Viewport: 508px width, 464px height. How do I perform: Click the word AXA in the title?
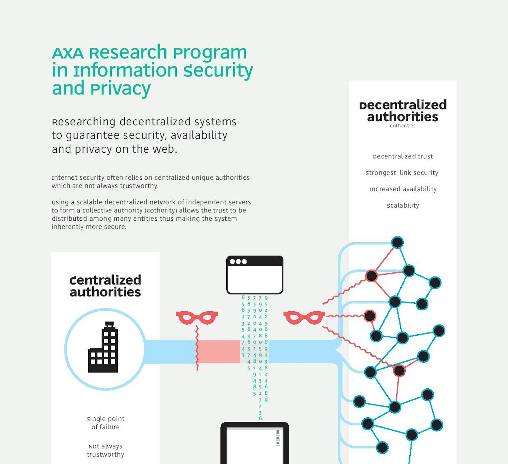click(68, 53)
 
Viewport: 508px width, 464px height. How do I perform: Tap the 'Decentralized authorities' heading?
click(402, 111)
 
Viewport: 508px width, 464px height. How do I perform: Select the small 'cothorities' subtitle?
click(402, 126)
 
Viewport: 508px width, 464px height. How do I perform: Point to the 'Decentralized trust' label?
click(403, 156)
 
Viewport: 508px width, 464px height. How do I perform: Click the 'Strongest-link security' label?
click(402, 173)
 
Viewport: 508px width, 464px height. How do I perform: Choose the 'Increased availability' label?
click(403, 189)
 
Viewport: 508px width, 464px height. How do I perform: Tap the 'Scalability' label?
click(403, 206)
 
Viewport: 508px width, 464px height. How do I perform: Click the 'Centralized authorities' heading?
click(105, 286)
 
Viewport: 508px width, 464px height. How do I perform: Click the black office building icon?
click(103, 347)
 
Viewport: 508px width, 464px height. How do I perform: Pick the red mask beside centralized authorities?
click(197, 317)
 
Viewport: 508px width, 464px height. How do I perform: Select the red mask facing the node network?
click(304, 317)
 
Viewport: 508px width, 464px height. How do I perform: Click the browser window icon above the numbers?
click(255, 275)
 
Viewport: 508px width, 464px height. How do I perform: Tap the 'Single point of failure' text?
click(105, 423)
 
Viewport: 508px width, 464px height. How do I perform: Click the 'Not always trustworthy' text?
click(105, 450)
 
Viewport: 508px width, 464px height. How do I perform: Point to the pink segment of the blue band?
click(219, 352)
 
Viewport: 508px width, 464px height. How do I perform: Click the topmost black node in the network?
click(397, 242)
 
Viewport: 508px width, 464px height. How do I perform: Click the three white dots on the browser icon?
click(238, 262)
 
